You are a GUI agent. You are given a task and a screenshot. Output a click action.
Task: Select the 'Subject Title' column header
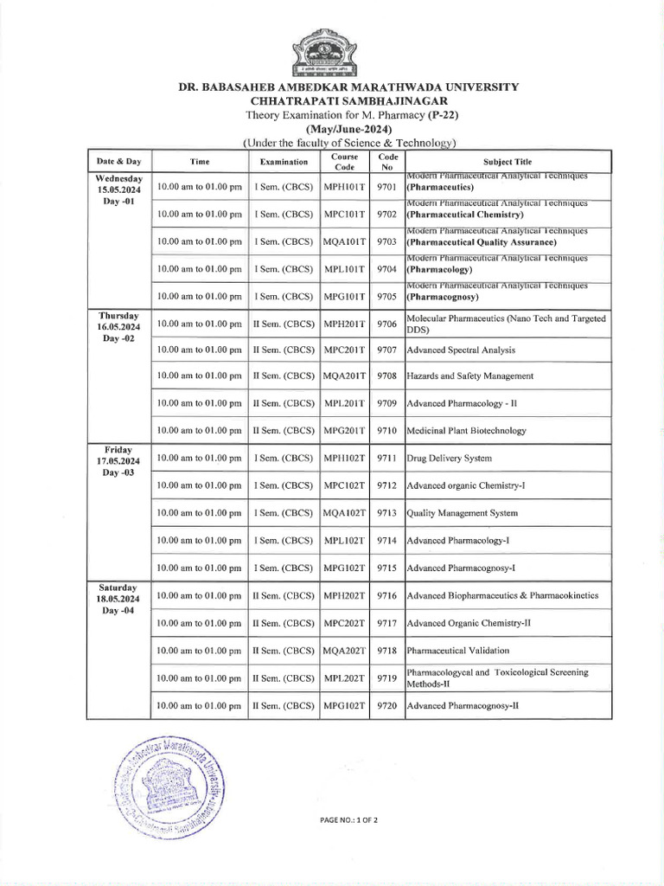coord(508,162)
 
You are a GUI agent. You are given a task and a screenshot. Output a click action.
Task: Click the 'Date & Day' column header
coord(119,162)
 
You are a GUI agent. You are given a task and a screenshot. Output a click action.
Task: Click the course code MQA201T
coord(345,376)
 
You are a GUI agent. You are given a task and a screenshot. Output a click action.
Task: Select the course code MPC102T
coord(345,486)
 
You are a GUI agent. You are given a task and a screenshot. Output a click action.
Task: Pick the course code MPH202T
coord(345,596)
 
